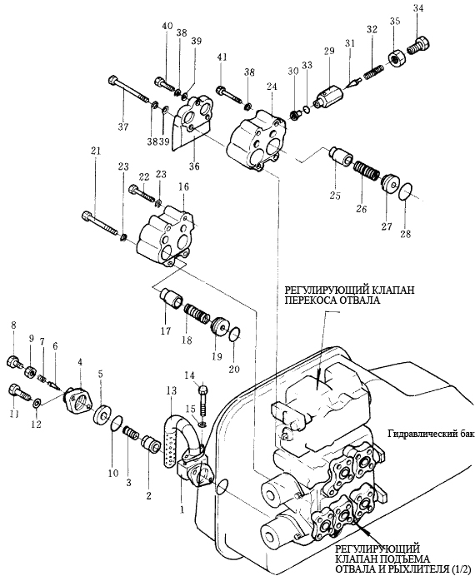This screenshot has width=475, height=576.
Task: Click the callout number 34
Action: click(x=418, y=8)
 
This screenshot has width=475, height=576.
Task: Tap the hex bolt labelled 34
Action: click(x=418, y=46)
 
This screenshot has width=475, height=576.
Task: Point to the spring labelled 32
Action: click(x=374, y=71)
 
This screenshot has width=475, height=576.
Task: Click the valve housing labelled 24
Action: click(x=256, y=140)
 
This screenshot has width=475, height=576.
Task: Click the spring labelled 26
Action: click(x=366, y=171)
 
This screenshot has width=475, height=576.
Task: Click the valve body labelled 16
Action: click(x=165, y=236)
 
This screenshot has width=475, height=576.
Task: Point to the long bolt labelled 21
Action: click(x=100, y=224)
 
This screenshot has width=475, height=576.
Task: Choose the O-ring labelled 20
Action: click(x=234, y=334)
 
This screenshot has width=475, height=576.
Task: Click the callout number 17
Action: click(x=166, y=330)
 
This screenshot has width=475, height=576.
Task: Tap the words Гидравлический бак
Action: click(x=431, y=435)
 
